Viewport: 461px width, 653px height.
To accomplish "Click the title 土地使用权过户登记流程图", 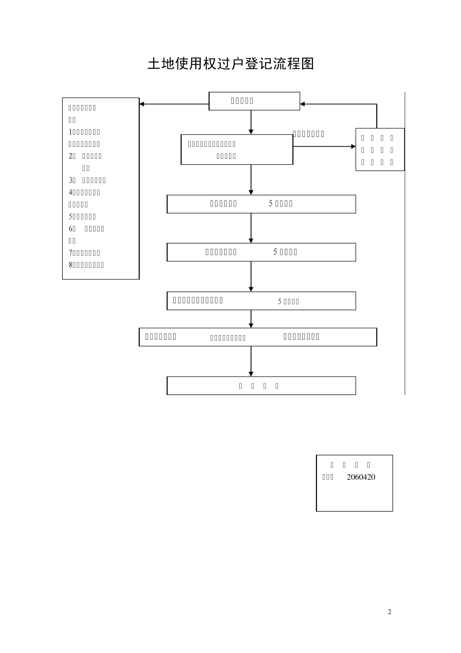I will [x=230, y=64].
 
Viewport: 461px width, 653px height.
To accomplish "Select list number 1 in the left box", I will [x=70, y=132].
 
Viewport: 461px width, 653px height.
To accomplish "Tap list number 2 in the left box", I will [x=71, y=156].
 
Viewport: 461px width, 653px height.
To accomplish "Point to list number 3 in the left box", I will [x=71, y=180].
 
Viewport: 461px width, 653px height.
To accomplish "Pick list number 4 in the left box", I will [x=70, y=192].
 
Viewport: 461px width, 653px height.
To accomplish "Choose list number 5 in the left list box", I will [x=70, y=217].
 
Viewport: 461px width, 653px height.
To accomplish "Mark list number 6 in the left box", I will [x=71, y=228].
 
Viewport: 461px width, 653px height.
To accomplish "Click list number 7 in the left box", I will [x=70, y=253].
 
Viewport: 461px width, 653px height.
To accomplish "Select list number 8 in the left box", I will [x=70, y=265].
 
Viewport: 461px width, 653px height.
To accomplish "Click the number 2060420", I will [x=361, y=477].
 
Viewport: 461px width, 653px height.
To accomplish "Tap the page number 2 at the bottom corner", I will [x=389, y=612].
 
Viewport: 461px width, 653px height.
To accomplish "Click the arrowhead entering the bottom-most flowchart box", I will [x=251, y=373].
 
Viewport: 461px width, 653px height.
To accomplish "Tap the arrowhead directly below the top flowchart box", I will [x=251, y=131].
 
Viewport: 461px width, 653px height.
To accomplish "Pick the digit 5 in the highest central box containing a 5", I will [x=271, y=204].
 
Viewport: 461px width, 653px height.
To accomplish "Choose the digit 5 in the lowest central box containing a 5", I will [x=280, y=302].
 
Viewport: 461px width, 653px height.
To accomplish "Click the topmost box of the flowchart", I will [x=254, y=101].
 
